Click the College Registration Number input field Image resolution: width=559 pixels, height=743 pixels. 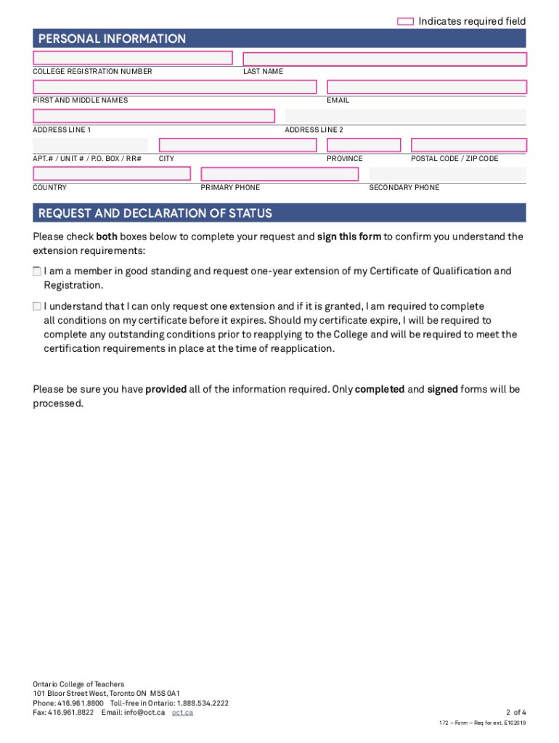tap(133, 58)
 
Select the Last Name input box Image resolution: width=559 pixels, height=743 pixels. tap(384, 59)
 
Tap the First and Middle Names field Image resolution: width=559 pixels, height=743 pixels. tap(175, 87)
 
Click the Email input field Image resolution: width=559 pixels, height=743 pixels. tap(426, 87)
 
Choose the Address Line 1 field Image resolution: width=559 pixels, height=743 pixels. tap(154, 116)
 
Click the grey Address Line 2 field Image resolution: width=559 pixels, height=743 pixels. tap(405, 116)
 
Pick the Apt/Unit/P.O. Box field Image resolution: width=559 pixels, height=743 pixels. tap(90, 145)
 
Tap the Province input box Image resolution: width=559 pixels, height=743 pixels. tap(364, 145)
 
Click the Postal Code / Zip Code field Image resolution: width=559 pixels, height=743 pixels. tap(468, 145)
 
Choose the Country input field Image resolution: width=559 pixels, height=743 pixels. tap(112, 174)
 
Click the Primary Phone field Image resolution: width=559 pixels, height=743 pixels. tap(279, 174)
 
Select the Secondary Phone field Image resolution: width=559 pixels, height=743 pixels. tap(447, 174)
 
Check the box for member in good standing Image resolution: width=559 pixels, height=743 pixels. tap(37, 271)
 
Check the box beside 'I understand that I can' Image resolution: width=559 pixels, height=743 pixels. tap(37, 307)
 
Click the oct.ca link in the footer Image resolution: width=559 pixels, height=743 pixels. tap(182, 713)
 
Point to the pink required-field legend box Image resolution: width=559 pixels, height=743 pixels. tap(406, 22)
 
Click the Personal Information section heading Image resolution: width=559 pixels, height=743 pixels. tap(112, 38)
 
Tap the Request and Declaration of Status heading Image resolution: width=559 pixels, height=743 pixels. tap(155, 213)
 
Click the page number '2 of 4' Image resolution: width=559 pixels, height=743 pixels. tap(514, 712)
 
